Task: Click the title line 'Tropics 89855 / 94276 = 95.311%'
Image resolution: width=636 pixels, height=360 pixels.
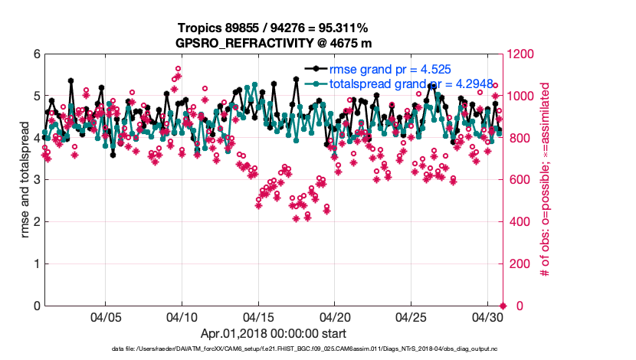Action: (274, 28)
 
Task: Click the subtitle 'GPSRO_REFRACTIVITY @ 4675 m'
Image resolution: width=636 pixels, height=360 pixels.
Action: (274, 43)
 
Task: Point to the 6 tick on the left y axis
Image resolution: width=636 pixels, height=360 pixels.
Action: (36, 54)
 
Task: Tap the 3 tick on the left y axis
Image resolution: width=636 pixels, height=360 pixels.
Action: (36, 180)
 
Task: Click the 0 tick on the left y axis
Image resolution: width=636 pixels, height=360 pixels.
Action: (36, 306)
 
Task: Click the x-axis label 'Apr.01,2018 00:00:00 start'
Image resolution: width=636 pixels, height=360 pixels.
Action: (274, 334)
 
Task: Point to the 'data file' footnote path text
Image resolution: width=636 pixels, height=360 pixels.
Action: (307, 349)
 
